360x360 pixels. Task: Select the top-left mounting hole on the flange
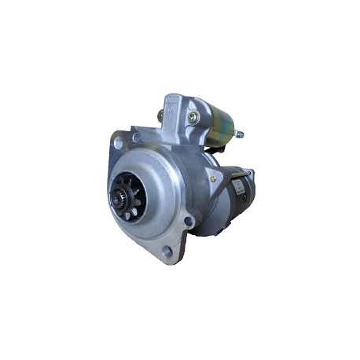tap(118, 143)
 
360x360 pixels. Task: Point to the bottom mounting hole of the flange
tap(166, 252)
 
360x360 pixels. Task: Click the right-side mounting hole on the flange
tap(189, 221)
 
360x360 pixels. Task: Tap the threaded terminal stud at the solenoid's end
tap(238, 134)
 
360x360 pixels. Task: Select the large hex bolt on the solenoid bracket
tap(193, 117)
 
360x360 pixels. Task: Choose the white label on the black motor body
tap(238, 186)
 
